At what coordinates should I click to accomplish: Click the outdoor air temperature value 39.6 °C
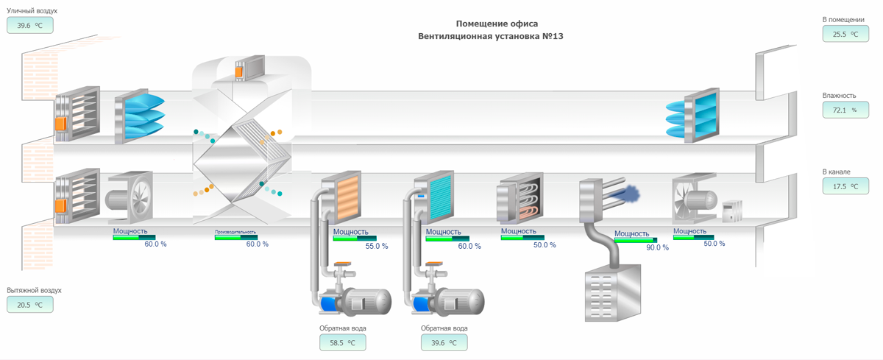click(30, 26)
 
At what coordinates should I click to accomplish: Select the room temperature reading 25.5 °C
click(845, 34)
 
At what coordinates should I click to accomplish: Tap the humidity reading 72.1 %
click(845, 110)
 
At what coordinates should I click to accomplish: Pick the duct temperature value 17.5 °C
click(845, 186)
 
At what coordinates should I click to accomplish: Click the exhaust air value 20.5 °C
click(30, 304)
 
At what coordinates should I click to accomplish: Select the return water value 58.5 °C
click(342, 342)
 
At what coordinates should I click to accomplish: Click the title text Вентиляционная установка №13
click(492, 36)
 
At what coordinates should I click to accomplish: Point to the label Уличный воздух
click(32, 11)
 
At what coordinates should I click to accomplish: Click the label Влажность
click(839, 95)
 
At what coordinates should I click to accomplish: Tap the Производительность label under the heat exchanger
click(235, 232)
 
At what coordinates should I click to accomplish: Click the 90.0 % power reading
click(657, 247)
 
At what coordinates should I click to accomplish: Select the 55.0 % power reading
click(376, 246)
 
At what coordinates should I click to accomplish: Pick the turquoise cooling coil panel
click(440, 197)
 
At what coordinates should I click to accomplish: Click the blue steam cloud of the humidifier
click(630, 194)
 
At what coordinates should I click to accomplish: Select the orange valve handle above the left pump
click(341, 264)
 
